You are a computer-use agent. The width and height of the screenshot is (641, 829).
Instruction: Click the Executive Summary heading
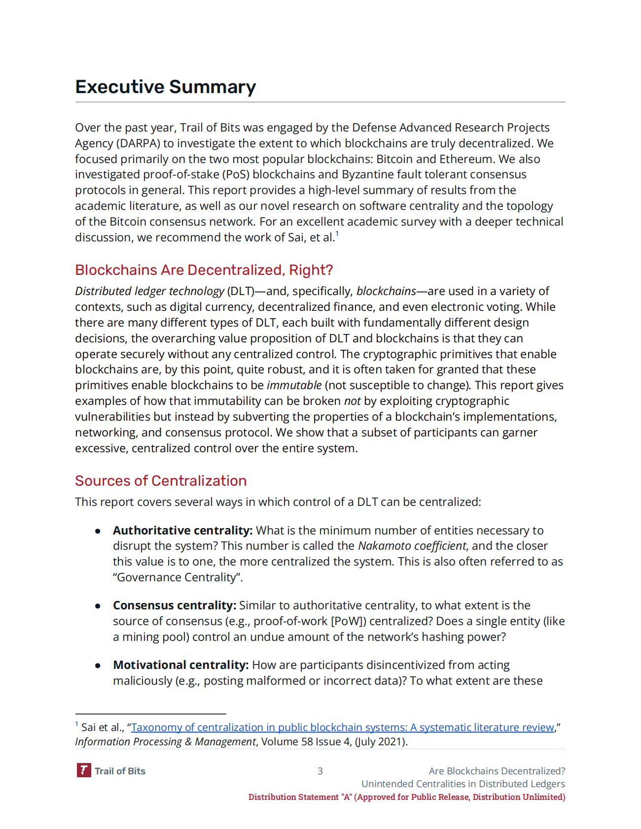click(x=165, y=87)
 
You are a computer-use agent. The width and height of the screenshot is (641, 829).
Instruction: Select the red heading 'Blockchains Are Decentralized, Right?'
click(x=204, y=270)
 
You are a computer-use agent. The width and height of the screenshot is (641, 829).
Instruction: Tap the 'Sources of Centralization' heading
click(x=161, y=481)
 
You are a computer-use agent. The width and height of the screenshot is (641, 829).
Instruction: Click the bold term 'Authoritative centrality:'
click(x=182, y=531)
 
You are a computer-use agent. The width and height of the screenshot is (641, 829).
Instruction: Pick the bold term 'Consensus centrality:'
click(x=175, y=605)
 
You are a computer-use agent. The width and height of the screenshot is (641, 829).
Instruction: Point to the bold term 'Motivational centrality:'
click(x=180, y=665)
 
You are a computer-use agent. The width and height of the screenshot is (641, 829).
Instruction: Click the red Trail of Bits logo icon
click(x=83, y=770)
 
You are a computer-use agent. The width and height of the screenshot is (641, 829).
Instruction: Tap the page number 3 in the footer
click(x=320, y=771)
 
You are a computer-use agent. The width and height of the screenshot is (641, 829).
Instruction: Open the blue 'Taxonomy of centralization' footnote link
click(x=342, y=728)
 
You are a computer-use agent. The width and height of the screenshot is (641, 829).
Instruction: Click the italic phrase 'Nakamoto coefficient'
click(x=412, y=546)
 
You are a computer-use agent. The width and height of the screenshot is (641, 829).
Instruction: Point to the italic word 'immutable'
click(x=294, y=385)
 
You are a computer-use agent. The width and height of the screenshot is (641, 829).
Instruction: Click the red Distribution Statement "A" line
click(x=406, y=797)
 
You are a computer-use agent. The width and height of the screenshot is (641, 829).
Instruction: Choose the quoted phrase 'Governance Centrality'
click(x=176, y=577)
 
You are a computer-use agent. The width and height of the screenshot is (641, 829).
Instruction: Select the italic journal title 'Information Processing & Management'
click(x=165, y=742)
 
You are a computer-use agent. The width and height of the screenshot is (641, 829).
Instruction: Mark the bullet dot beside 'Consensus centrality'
click(x=98, y=606)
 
